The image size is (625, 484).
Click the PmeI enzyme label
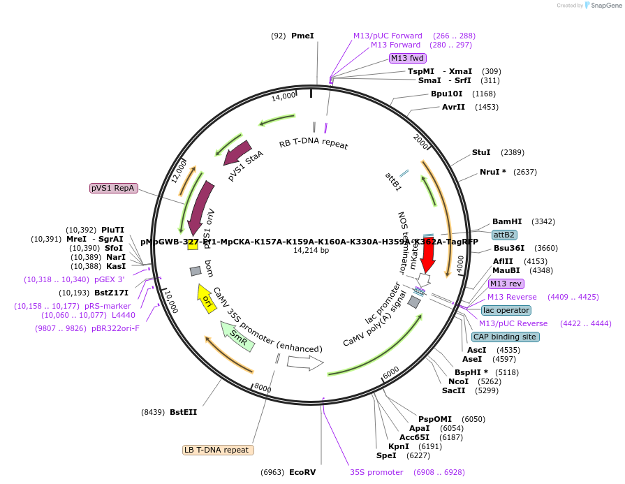[302, 36]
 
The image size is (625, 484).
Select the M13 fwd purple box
[407, 58]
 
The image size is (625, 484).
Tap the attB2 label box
[504, 235]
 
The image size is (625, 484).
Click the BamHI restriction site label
[507, 221]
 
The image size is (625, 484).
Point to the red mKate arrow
[428, 258]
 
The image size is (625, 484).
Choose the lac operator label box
[506, 310]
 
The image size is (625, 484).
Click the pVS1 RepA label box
[114, 188]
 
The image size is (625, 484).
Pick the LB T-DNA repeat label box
[218, 450]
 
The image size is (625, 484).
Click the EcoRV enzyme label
[302, 472]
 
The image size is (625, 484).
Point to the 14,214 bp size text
[311, 250]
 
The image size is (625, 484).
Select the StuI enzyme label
[481, 152]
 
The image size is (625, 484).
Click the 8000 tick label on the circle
[263, 388]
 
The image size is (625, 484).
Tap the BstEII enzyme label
[183, 412]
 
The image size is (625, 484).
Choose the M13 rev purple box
[506, 284]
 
